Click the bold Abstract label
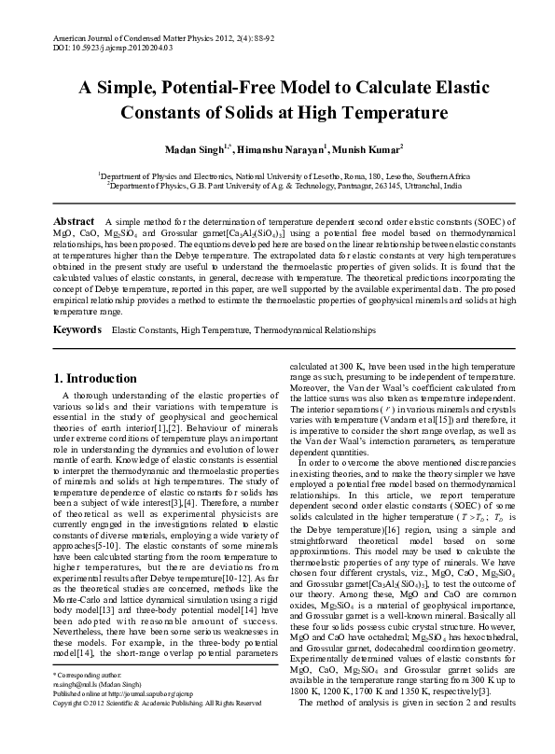click(73, 220)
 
